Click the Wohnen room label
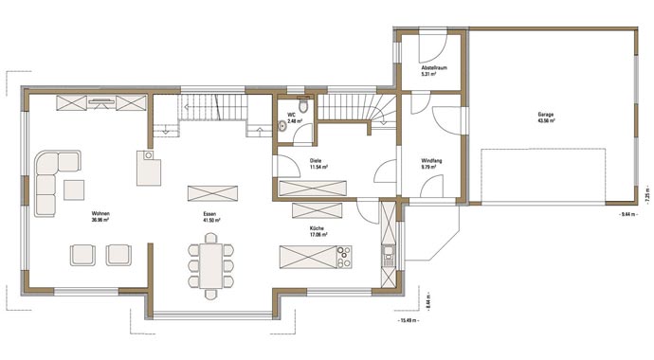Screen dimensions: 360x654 click(101, 214)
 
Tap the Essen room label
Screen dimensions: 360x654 click(209, 214)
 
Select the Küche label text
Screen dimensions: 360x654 click(317, 229)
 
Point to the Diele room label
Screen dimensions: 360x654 click(316, 161)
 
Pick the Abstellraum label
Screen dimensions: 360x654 click(434, 69)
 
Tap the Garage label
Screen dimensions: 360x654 click(545, 115)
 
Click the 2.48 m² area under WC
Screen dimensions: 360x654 click(293, 122)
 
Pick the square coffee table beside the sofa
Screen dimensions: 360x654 click(74, 190)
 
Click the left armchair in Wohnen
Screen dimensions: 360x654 click(82, 253)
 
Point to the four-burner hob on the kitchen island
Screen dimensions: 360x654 click(344, 257)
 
